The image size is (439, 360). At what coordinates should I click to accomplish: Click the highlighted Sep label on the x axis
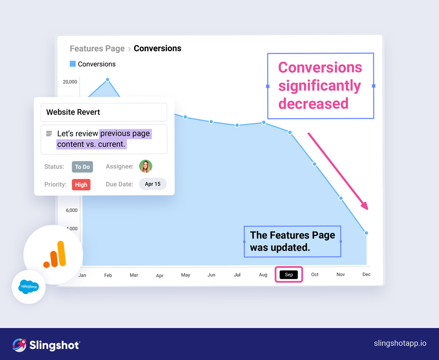pyautogui.click(x=289, y=275)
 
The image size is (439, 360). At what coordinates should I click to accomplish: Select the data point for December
pyautogui.click(x=367, y=233)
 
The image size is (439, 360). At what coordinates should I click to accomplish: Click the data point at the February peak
pyautogui.click(x=108, y=80)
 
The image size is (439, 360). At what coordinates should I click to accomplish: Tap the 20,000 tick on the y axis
pyautogui.click(x=70, y=82)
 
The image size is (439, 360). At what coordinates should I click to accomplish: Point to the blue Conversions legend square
pyautogui.click(x=73, y=64)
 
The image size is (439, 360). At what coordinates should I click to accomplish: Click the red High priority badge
pyautogui.click(x=81, y=185)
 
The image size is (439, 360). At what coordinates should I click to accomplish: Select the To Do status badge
pyautogui.click(x=82, y=166)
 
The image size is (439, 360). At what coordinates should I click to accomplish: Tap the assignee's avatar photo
pyautogui.click(x=146, y=166)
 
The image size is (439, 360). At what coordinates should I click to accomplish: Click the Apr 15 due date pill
pyautogui.click(x=153, y=184)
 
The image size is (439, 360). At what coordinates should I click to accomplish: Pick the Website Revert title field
pyautogui.click(x=104, y=112)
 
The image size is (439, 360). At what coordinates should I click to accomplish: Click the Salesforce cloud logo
pyautogui.click(x=29, y=287)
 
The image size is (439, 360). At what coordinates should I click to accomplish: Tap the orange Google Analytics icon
pyautogui.click(x=55, y=255)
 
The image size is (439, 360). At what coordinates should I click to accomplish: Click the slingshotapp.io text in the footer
pyautogui.click(x=400, y=343)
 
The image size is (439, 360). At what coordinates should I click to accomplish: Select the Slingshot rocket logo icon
pyautogui.click(x=19, y=345)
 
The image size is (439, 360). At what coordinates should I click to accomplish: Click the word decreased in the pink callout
pyautogui.click(x=313, y=104)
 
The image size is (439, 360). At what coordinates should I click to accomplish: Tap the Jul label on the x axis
pyautogui.click(x=237, y=275)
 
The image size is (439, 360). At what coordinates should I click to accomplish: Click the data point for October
pyautogui.click(x=315, y=164)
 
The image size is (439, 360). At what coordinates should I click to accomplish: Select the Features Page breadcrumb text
pyautogui.click(x=97, y=48)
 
